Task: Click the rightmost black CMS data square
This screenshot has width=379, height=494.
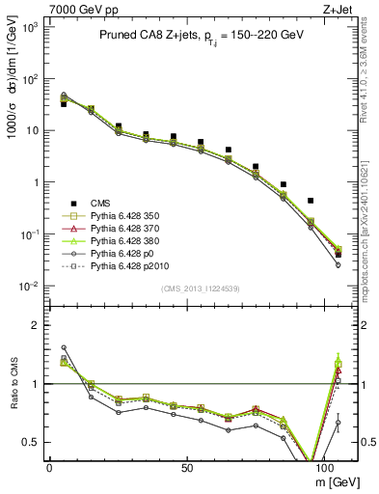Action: [338, 255]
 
